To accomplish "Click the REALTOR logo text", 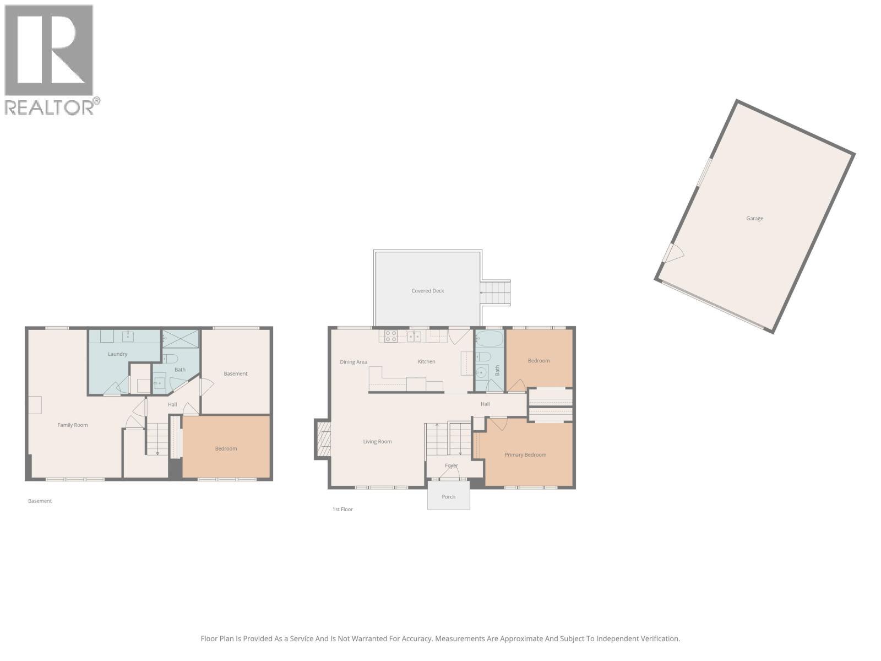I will [50, 107].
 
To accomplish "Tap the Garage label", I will [754, 218].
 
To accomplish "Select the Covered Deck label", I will [427, 291].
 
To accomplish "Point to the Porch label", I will [448, 497].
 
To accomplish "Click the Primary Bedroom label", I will [525, 455].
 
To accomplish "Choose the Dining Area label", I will [353, 362].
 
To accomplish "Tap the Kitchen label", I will [426, 362].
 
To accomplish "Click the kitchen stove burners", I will [391, 335].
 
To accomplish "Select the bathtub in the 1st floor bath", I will [489, 338].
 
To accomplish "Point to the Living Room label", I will [377, 442].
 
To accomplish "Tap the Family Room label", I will [73, 425].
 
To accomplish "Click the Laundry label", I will [117, 354].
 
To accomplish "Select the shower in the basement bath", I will [181, 338].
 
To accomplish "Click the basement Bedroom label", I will [226, 449].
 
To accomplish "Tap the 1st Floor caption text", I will [342, 510].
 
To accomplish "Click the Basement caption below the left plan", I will [40, 501].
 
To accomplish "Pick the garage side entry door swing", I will [673, 253].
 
